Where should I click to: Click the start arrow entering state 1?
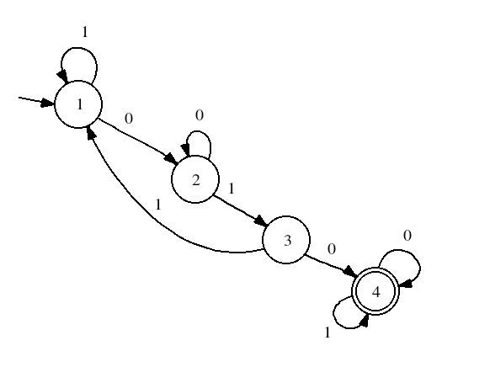click(36, 101)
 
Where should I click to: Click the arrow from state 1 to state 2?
click(138, 141)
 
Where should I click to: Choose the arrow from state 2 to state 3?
click(240, 210)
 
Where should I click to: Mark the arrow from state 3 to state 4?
click(331, 265)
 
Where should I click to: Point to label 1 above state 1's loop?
click(85, 31)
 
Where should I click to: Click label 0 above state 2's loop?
click(200, 115)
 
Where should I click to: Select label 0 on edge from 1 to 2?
click(129, 119)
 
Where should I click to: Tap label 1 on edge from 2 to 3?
click(232, 189)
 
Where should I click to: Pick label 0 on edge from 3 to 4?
click(332, 249)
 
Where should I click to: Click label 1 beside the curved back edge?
click(158, 205)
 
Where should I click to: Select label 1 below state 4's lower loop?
click(328, 332)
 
